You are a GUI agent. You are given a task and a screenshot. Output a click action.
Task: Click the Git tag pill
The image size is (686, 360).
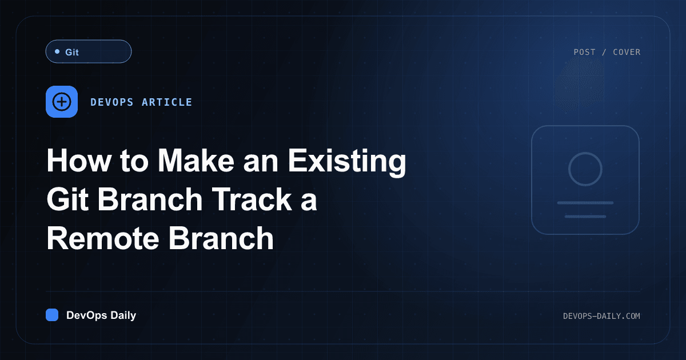tap(89, 51)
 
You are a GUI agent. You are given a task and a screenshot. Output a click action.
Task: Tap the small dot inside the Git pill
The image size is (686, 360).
tap(57, 51)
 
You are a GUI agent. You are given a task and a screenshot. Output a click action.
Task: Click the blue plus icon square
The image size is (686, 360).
tap(62, 102)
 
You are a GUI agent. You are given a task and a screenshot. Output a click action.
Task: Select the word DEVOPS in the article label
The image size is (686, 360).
tap(112, 102)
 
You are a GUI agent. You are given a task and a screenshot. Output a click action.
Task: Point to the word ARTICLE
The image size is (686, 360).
tap(167, 102)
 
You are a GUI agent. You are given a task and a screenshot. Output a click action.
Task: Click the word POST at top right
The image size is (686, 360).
tap(584, 52)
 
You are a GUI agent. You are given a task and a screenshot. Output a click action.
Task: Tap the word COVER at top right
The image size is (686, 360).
tap(627, 52)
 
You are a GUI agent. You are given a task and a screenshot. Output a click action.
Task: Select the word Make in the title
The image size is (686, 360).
tap(196, 161)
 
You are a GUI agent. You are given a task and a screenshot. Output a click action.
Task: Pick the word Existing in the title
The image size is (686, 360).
tap(347, 162)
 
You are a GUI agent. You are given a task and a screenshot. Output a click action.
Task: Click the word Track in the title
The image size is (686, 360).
tap(252, 199)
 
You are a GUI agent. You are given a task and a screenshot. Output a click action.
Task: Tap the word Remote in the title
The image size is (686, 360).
tap(103, 238)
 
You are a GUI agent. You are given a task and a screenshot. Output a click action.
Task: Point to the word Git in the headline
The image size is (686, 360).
tap(67, 199)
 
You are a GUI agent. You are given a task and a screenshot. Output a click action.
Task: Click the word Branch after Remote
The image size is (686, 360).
tap(221, 238)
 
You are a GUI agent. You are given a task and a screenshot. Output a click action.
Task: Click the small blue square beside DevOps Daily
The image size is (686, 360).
tap(52, 315)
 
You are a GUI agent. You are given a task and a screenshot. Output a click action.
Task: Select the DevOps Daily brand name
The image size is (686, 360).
tap(101, 315)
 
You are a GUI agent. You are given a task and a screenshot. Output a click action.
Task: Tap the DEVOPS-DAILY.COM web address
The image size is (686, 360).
tap(601, 316)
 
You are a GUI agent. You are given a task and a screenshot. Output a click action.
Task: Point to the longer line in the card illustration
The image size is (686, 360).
tap(585, 203)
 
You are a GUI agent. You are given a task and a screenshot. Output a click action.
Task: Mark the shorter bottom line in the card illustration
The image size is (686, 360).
tap(585, 217)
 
